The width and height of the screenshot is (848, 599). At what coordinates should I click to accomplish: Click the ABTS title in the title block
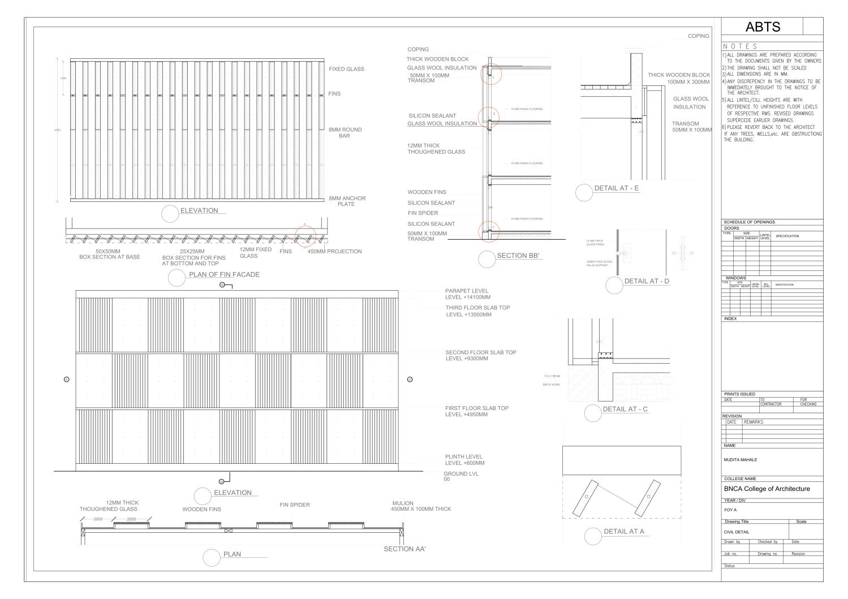pos(763,27)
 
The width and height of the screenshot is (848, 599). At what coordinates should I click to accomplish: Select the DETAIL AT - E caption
pos(617,188)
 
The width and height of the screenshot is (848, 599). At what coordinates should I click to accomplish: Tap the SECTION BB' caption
pos(519,256)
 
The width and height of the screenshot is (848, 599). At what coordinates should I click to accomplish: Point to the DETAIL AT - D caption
pos(647,281)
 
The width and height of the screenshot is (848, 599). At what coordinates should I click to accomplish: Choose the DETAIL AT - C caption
pos(625,409)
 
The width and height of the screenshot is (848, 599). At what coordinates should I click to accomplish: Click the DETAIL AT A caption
pos(623,532)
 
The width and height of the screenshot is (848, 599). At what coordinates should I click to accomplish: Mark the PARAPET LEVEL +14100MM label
pos(467,294)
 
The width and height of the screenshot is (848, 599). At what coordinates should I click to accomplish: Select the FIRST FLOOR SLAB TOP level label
pos(476,411)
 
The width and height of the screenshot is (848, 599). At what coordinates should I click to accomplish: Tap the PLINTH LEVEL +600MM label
pos(464,460)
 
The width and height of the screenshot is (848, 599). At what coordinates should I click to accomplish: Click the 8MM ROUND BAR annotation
pos(345,133)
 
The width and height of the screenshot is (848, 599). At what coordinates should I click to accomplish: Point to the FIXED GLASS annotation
pos(346,69)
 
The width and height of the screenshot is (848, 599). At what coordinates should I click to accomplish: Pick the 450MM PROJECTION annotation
pos(334,252)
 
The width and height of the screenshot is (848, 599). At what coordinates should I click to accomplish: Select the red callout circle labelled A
pos(305,235)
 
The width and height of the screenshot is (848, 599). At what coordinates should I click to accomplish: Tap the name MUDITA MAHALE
pos(740,460)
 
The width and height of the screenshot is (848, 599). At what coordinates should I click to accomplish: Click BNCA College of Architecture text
pos(767,489)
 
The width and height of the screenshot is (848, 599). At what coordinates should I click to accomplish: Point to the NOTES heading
pos(740,46)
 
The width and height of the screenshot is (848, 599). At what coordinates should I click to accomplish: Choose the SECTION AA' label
pos(404,549)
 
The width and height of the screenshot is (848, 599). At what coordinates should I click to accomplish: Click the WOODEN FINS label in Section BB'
pos(427,192)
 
